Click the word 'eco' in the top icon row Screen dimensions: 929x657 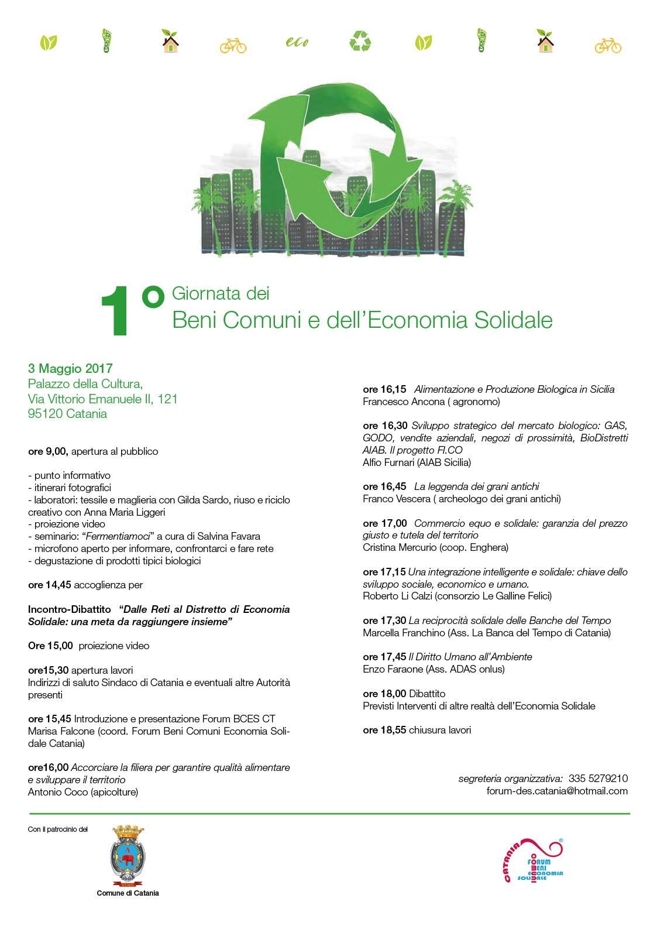297,43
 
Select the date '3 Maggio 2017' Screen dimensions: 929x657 70,369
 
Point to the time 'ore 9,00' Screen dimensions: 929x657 49,451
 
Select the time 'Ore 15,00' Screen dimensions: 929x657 50,646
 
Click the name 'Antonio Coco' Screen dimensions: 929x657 56,792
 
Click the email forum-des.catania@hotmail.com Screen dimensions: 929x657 557,791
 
